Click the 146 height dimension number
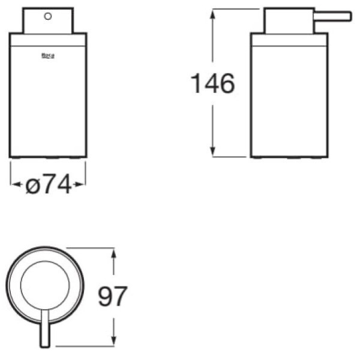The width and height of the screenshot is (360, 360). [213, 83]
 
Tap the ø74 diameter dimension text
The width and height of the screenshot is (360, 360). [48, 184]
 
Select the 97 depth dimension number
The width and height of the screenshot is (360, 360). [113, 296]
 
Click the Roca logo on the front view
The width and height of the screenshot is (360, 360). [48, 56]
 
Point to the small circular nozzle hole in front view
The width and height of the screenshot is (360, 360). [48, 16]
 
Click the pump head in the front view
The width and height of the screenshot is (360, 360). [48, 20]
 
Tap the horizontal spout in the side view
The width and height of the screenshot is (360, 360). [332, 17]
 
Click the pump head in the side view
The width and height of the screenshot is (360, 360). [289, 20]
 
